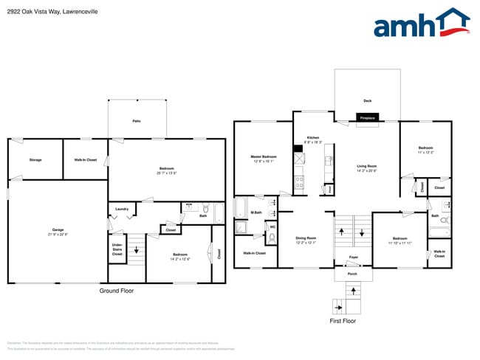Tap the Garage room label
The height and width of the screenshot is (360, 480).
[x=57, y=232]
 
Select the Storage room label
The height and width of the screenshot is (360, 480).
[x=35, y=160]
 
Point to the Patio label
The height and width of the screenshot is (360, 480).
[x=137, y=120]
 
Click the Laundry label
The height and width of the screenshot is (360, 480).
[x=122, y=209]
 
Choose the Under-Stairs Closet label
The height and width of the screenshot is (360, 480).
[x=117, y=249]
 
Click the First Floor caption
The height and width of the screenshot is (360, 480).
[x=343, y=322]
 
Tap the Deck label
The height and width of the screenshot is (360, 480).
[x=367, y=100]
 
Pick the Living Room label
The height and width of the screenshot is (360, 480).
[x=367, y=167]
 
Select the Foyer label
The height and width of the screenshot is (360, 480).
[x=354, y=257]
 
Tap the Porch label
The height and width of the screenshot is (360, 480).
[x=354, y=274]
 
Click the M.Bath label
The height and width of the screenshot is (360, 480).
[x=257, y=213]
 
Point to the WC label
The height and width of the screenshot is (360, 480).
[x=272, y=226]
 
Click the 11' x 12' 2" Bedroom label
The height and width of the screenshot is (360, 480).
[x=425, y=150]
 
